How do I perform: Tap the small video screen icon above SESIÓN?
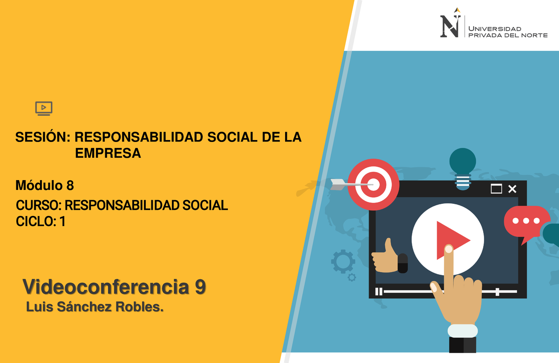[x=44, y=108]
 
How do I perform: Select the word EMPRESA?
[x=108, y=153]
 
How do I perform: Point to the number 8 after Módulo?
[x=70, y=186]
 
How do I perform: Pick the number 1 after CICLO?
[x=62, y=222]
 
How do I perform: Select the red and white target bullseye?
[x=374, y=184]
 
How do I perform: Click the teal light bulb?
[x=463, y=168]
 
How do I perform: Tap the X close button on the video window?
[x=512, y=189]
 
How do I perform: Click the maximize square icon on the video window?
[x=496, y=189]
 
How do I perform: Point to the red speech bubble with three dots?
[x=526, y=222]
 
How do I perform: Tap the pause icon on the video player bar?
[x=379, y=292]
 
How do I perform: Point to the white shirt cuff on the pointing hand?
[x=463, y=331]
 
